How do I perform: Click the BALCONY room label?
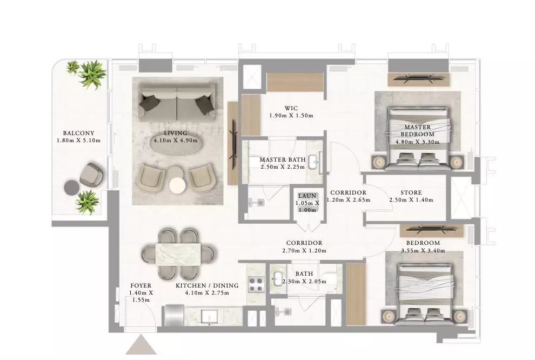click(x=78, y=133)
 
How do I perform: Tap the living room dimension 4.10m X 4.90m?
click(x=176, y=140)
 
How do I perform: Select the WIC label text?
click(x=291, y=108)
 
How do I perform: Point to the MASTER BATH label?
click(x=283, y=159)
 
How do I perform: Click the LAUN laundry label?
click(x=307, y=196)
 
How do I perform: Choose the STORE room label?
click(x=411, y=192)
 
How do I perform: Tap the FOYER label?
click(x=141, y=285)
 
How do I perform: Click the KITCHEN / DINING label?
click(x=207, y=285)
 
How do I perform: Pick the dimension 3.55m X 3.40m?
click(x=423, y=250)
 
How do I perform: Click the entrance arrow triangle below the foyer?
click(x=141, y=345)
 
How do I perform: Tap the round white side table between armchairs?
click(x=177, y=185)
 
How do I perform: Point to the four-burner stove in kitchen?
click(x=257, y=284)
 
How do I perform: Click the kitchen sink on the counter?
click(x=211, y=316)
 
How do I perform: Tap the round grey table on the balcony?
click(x=72, y=188)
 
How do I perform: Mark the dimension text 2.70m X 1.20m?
click(x=304, y=250)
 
